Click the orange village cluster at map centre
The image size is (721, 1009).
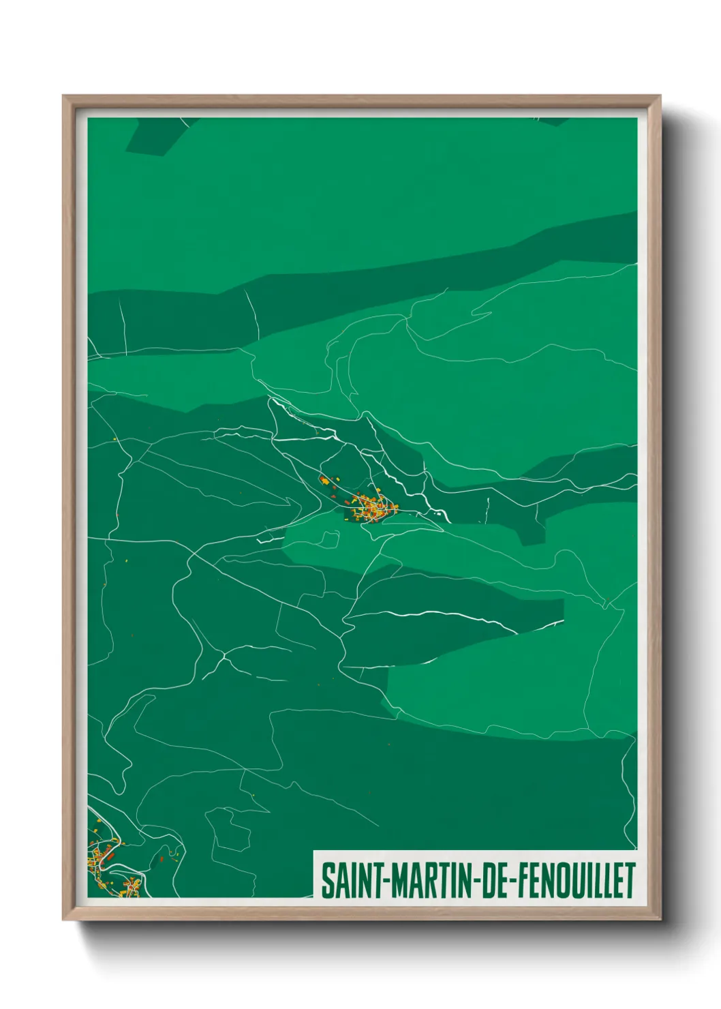click(372, 509)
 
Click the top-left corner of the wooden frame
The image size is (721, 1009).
click(64, 97)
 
